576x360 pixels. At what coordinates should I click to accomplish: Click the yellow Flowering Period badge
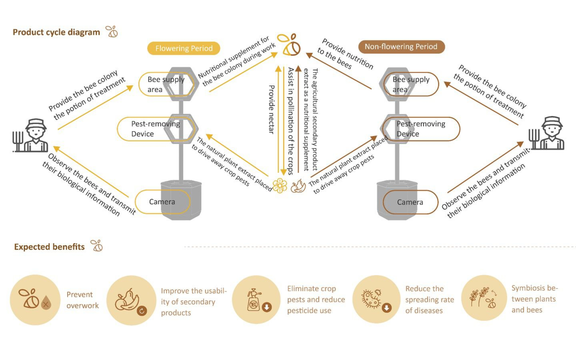pos(184,49)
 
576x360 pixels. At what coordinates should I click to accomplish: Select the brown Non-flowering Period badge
pos(401,47)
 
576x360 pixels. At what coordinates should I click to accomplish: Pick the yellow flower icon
pos(280,185)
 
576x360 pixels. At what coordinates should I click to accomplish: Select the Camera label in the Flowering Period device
pos(162,202)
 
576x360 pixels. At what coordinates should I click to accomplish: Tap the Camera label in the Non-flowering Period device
pos(410,202)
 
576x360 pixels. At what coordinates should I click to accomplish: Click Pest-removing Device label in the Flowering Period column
pos(155,129)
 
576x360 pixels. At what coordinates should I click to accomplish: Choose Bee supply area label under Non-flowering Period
pos(411,84)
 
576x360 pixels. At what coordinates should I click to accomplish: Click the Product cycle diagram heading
pos(57,32)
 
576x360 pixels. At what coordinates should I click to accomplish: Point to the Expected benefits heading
pos(49,247)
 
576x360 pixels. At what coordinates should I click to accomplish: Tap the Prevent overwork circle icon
pos(35,300)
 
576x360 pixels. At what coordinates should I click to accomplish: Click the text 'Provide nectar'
pos(271,109)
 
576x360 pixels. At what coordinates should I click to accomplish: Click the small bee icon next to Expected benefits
pos(97,246)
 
